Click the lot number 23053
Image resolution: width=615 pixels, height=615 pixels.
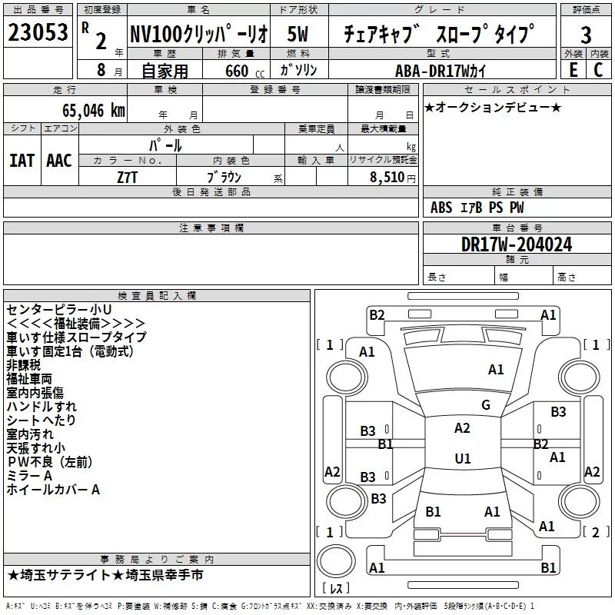pos(38,33)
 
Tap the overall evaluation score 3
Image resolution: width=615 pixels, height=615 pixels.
pos(586,35)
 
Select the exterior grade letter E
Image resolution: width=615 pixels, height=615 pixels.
pos(573,69)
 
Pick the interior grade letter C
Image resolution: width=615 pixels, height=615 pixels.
pos(598,69)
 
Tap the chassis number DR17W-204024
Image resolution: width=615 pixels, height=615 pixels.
pos(517,245)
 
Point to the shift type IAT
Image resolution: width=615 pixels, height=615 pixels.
pos(22,160)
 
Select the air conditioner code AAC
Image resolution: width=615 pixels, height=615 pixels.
pos(59,160)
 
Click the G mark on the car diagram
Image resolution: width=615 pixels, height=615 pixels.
pos(485,405)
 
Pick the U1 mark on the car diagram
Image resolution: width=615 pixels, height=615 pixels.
pos(463,459)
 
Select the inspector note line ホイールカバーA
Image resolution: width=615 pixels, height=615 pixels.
pos(53,490)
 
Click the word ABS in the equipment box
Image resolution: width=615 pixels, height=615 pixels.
pos(441,208)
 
